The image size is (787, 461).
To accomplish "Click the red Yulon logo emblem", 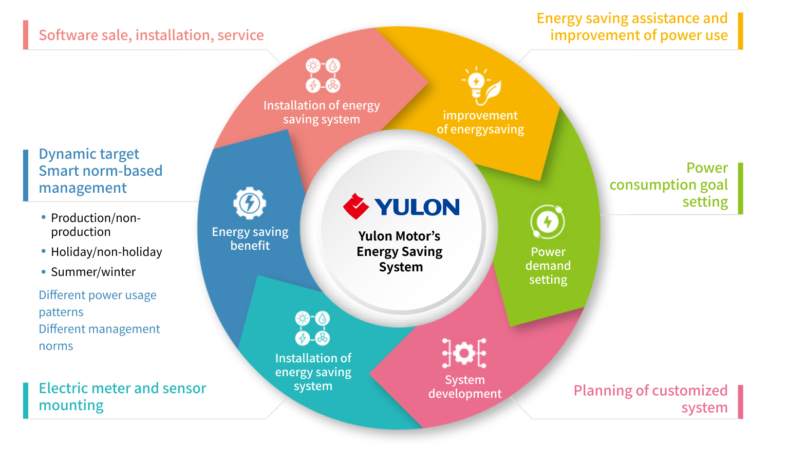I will (356, 207).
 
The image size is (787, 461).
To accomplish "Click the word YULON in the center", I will (417, 207).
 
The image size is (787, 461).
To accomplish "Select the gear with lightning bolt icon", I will (250, 203).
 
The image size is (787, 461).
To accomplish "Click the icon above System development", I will (464, 353).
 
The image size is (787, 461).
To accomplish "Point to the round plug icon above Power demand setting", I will (548, 222).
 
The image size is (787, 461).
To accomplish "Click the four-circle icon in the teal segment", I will (312, 328).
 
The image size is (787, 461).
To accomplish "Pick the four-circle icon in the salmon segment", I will (323, 75).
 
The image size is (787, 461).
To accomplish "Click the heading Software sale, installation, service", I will (151, 35).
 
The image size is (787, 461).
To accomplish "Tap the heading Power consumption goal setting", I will (668, 185).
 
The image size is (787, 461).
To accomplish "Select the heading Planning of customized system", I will (650, 399).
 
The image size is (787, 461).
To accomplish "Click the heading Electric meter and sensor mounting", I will (122, 396).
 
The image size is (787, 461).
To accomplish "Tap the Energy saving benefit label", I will (250, 238).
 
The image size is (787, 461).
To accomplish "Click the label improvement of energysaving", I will (480, 122).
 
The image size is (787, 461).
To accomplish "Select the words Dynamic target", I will (89, 154).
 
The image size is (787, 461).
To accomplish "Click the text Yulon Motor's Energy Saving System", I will (400, 251).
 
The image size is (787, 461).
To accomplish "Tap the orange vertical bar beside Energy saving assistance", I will (740, 31).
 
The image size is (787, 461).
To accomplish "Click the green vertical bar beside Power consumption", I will (740, 188).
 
